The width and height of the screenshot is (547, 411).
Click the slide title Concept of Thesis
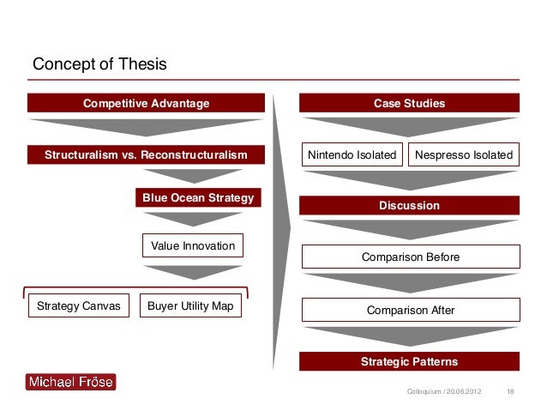[x=99, y=64]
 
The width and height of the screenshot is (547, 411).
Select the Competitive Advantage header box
[x=145, y=104]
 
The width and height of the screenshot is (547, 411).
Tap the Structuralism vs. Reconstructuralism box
[x=145, y=155]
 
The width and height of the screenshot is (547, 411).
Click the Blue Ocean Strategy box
[x=198, y=198]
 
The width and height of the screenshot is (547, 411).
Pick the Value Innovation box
[x=192, y=246]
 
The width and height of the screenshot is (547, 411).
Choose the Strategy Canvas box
[x=79, y=305]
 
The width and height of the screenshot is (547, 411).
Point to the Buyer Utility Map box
[x=190, y=305]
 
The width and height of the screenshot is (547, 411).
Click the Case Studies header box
[x=409, y=104]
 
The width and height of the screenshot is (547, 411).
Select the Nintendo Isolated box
[x=352, y=155]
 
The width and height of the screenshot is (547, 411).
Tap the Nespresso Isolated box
[x=463, y=155]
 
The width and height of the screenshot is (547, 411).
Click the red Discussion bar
[x=409, y=206]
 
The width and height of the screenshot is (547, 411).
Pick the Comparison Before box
[x=410, y=257]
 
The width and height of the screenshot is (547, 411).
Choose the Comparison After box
[x=410, y=310]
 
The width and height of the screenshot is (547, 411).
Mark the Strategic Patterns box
[x=409, y=361]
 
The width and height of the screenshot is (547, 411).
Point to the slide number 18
[x=512, y=392]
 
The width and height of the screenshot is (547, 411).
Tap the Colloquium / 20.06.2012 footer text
[x=442, y=392]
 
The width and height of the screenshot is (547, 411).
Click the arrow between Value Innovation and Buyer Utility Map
[x=192, y=274]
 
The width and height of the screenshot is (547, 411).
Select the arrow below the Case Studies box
[x=409, y=126]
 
